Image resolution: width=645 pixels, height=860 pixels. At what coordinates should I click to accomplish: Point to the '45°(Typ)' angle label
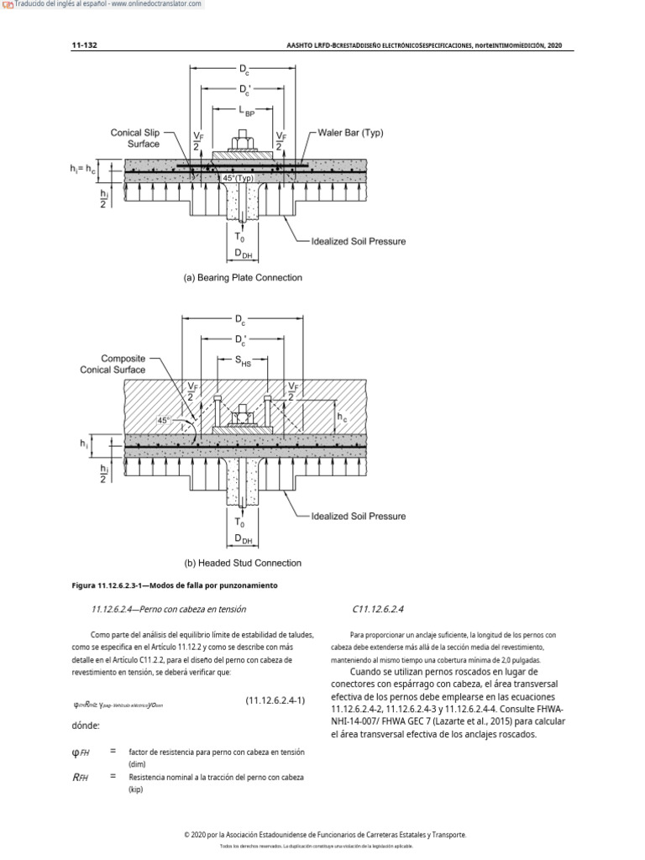239,178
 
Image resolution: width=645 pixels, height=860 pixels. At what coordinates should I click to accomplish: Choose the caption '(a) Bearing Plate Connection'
243,277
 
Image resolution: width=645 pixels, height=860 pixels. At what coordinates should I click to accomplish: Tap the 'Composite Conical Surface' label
113,364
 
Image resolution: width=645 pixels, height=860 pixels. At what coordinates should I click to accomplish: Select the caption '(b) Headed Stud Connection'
243,563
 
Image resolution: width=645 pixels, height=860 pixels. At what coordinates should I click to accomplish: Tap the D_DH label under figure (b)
243,537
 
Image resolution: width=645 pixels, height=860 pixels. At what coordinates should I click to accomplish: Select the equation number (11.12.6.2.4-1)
275,700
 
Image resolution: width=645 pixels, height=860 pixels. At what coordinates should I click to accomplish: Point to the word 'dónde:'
87,725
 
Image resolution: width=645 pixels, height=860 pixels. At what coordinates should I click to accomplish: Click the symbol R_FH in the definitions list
81,778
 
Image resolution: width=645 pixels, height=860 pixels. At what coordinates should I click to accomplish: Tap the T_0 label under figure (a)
241,238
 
